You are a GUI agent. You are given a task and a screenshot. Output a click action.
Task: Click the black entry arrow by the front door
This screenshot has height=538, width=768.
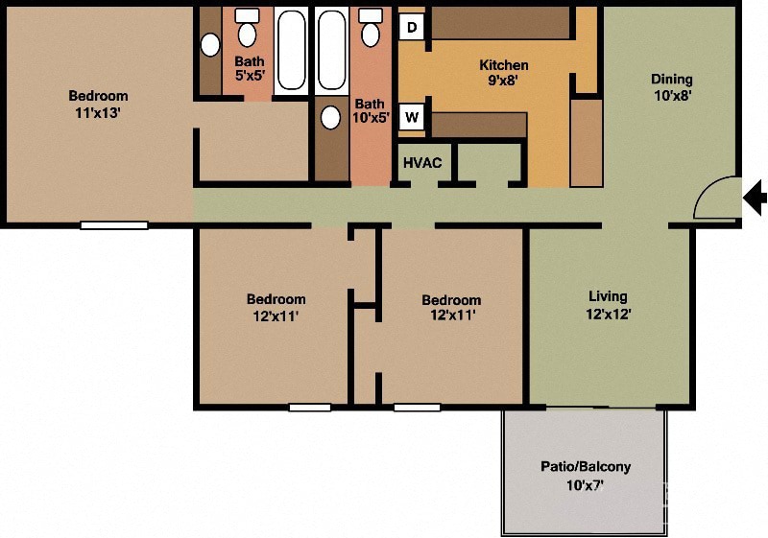(756, 199)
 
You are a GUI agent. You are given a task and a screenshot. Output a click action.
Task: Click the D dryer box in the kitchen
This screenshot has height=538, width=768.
(412, 27)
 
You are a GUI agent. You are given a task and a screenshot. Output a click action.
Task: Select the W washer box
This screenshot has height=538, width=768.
(412, 118)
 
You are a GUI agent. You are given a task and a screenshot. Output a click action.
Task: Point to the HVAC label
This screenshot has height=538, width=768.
(422, 162)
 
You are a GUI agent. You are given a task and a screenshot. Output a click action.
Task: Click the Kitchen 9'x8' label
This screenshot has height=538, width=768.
(504, 73)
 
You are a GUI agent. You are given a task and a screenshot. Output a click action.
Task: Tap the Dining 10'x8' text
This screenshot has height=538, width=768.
(671, 87)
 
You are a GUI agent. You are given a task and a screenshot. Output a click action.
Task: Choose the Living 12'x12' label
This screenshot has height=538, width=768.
(608, 305)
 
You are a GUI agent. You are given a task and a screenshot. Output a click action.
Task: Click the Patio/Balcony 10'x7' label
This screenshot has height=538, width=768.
(585, 475)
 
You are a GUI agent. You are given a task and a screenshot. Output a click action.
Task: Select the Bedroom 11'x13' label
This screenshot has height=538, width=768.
(98, 104)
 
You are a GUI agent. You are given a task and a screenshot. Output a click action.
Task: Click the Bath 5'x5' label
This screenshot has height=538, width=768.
(249, 68)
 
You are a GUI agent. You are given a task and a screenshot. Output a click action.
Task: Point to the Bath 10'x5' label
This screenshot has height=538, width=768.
(371, 111)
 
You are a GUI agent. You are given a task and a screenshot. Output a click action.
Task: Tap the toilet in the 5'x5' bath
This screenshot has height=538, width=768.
(248, 31)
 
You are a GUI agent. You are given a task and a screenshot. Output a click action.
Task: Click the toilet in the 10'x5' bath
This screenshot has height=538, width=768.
(370, 30)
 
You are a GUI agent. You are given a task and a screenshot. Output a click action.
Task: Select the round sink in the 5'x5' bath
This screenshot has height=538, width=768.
(210, 44)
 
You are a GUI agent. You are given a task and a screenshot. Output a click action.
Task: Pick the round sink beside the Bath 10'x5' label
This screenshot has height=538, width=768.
(331, 118)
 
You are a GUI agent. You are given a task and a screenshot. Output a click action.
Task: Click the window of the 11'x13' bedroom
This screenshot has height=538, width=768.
(114, 225)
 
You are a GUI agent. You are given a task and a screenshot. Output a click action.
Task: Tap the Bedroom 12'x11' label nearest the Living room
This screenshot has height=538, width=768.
(451, 307)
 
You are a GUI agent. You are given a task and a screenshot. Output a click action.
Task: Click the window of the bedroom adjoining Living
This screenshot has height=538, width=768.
(417, 408)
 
